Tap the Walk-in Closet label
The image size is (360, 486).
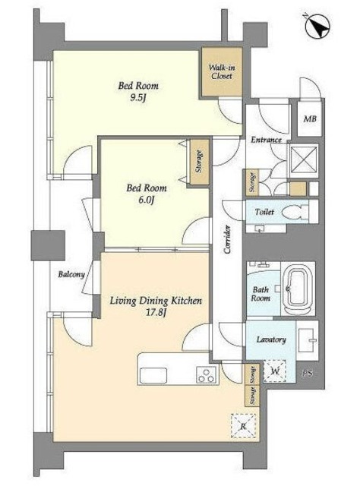click(x=222, y=72)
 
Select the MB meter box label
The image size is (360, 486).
click(x=310, y=118)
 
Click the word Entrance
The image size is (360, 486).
click(x=266, y=140)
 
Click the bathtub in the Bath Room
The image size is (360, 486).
click(x=298, y=289)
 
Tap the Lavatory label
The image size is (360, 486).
click(x=271, y=339)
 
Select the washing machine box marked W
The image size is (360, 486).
click(x=275, y=371)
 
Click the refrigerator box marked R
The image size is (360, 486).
click(x=243, y=426)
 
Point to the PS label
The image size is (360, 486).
click(x=308, y=374)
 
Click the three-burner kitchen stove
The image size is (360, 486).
click(x=207, y=374)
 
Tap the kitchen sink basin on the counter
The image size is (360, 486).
click(x=153, y=375)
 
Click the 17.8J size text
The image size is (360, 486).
click(x=156, y=312)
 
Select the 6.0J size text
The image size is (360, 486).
click(x=146, y=200)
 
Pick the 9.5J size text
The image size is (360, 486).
click(x=138, y=98)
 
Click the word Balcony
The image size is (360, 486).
click(x=71, y=275)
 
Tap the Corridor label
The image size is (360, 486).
click(x=228, y=239)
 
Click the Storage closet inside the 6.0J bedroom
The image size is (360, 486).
click(x=199, y=162)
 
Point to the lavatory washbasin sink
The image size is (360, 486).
click(x=308, y=341)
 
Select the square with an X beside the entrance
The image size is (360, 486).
click(x=305, y=159)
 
